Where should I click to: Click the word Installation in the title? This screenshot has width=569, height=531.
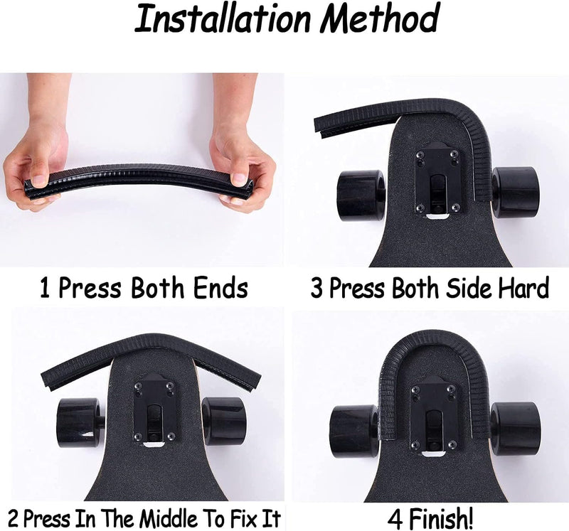pos(222,18)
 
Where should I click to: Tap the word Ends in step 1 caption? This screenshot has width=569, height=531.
pos(220,288)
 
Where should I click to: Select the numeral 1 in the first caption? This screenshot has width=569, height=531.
pos(44,288)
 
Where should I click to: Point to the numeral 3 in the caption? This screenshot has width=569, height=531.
pos(317,289)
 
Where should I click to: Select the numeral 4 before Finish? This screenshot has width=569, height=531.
pos(395,519)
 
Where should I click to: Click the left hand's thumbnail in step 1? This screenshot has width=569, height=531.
pos(39,181)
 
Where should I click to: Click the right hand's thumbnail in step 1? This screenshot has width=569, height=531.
pos(239,179)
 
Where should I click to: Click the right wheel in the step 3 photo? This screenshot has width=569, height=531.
pos(515,192)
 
